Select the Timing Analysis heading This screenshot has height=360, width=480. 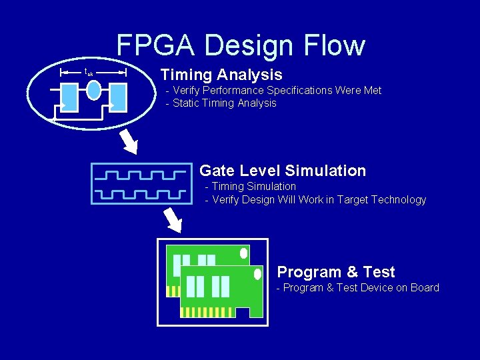tap(221, 75)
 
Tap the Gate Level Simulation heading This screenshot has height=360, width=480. tap(283, 171)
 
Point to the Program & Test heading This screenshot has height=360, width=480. tap(335, 272)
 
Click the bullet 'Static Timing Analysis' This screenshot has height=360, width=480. tap(224, 103)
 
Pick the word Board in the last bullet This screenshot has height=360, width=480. tap(424, 288)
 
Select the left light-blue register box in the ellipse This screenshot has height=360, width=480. tap(69, 97)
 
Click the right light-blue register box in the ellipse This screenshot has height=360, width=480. tap(119, 97)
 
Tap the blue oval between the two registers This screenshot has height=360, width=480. tap(94, 90)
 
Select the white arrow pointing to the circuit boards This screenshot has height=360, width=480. tap(173, 219)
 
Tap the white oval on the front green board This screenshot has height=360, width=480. tap(258, 274)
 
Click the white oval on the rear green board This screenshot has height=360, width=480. tap(243, 253)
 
